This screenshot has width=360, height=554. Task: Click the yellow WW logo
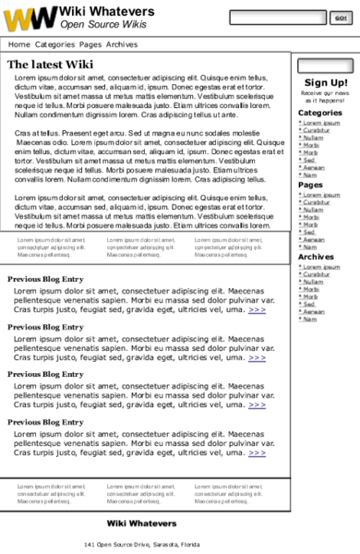(x=30, y=18)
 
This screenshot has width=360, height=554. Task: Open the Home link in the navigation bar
(x=18, y=44)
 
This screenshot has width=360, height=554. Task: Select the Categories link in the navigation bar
(x=54, y=44)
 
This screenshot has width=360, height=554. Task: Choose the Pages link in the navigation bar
(x=90, y=44)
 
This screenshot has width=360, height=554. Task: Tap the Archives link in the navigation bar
(x=121, y=44)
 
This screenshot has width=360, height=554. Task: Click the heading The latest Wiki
(x=51, y=65)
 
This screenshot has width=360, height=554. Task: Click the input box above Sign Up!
(x=327, y=66)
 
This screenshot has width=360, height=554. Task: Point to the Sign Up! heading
(x=326, y=83)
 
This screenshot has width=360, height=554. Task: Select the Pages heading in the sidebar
(x=310, y=185)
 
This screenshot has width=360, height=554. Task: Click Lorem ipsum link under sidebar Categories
(x=321, y=123)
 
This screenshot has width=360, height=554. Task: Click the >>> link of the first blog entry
(x=257, y=310)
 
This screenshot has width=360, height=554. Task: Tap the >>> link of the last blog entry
(x=257, y=452)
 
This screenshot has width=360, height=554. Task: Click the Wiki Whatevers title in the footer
(x=141, y=524)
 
